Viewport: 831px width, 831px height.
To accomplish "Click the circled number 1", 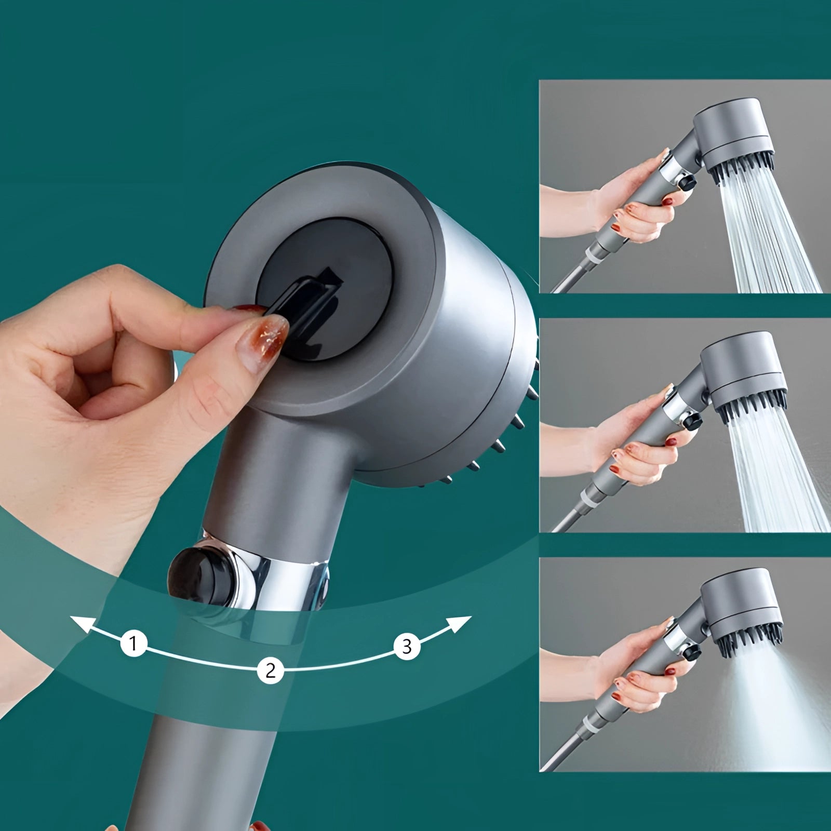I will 134,644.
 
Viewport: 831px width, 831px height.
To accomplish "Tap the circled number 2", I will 270,671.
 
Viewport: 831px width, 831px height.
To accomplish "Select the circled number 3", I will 407,647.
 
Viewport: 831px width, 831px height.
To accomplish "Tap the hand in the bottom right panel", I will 623,670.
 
